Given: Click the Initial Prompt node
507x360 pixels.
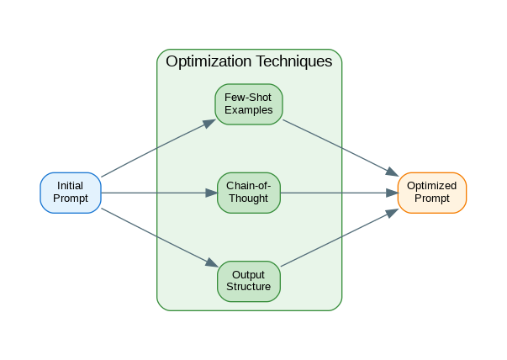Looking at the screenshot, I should tap(71, 193).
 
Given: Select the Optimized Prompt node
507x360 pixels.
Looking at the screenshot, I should tap(431, 193).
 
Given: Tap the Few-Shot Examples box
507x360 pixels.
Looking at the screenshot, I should tap(249, 104).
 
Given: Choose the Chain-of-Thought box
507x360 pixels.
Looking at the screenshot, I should tap(249, 193).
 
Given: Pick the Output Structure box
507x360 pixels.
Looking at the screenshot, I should tap(249, 281).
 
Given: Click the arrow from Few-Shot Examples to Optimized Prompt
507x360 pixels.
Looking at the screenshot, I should tap(340, 147).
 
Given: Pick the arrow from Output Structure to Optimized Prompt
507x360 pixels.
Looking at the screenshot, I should tap(340, 238).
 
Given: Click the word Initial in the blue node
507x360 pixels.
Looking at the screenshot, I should tap(71, 186).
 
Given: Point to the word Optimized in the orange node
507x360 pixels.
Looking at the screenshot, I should tap(431, 186).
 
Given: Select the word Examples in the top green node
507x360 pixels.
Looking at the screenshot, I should tap(249, 111).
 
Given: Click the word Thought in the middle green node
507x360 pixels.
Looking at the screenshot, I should tap(249, 199).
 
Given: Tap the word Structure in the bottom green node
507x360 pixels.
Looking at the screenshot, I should tap(249, 287).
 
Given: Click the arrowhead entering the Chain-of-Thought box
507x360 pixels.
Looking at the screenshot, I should tap(212, 193).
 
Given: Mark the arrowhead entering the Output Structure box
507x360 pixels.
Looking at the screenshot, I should tap(212, 264).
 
